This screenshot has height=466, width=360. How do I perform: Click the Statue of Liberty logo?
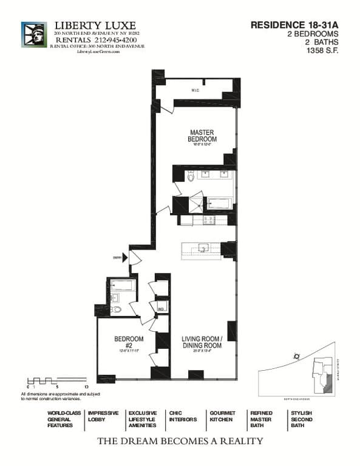click(x=33, y=34)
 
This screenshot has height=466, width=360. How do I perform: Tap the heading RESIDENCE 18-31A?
click(x=294, y=25)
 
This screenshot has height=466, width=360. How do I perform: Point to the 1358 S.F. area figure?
click(x=322, y=51)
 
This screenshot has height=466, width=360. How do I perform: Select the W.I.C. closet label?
click(x=195, y=90)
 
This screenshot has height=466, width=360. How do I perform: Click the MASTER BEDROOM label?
click(x=203, y=135)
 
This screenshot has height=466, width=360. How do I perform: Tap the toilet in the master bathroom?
click(x=191, y=177)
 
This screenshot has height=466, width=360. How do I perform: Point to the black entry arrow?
click(x=126, y=257)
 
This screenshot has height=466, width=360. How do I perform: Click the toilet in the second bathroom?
click(x=117, y=309)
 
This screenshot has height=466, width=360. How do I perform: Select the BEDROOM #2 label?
click(x=129, y=342)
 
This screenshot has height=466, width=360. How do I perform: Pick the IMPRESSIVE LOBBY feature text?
click(x=103, y=416)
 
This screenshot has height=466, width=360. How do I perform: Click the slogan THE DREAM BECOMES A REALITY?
click(x=180, y=441)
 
